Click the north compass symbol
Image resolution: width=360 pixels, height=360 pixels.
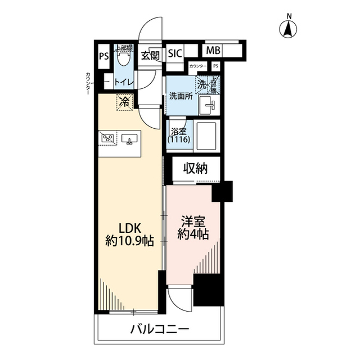(290, 28)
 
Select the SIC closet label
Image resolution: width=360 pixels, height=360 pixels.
(175, 54)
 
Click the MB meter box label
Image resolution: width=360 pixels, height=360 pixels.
(213, 51)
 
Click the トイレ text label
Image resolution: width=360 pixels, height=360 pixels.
(124, 82)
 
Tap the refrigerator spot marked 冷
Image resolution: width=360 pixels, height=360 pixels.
(124, 102)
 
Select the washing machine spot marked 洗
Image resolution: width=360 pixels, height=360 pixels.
(202, 84)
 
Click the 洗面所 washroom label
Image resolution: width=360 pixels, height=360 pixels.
(181, 96)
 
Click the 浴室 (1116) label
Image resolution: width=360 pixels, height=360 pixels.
(179, 135)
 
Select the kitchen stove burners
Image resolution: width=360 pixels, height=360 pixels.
(108, 137)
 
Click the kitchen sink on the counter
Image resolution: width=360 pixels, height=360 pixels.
(129, 138)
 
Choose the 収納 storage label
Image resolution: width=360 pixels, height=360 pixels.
(196, 167)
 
